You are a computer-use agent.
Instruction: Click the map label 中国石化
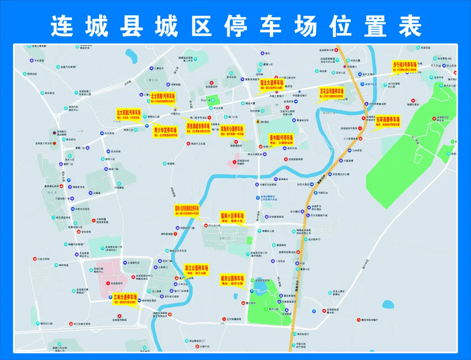[x=175, y=114]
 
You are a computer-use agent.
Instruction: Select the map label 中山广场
[x=215, y=100]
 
